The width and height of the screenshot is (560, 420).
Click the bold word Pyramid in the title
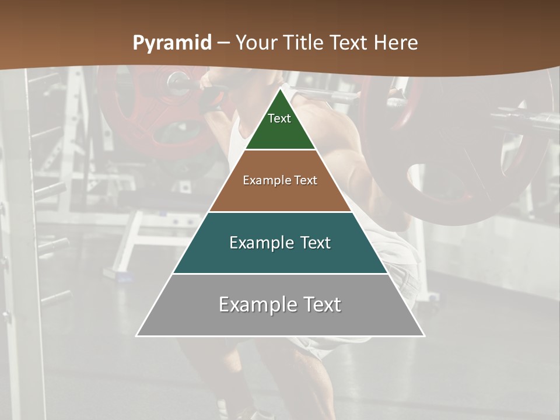(x=171, y=43)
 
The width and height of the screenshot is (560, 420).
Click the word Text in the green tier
(x=279, y=118)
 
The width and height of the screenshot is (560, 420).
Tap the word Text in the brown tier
(x=306, y=180)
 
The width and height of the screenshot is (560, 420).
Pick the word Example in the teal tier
(x=260, y=243)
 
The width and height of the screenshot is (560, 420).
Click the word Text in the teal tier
(x=316, y=243)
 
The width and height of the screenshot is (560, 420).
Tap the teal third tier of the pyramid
(x=280, y=260)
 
